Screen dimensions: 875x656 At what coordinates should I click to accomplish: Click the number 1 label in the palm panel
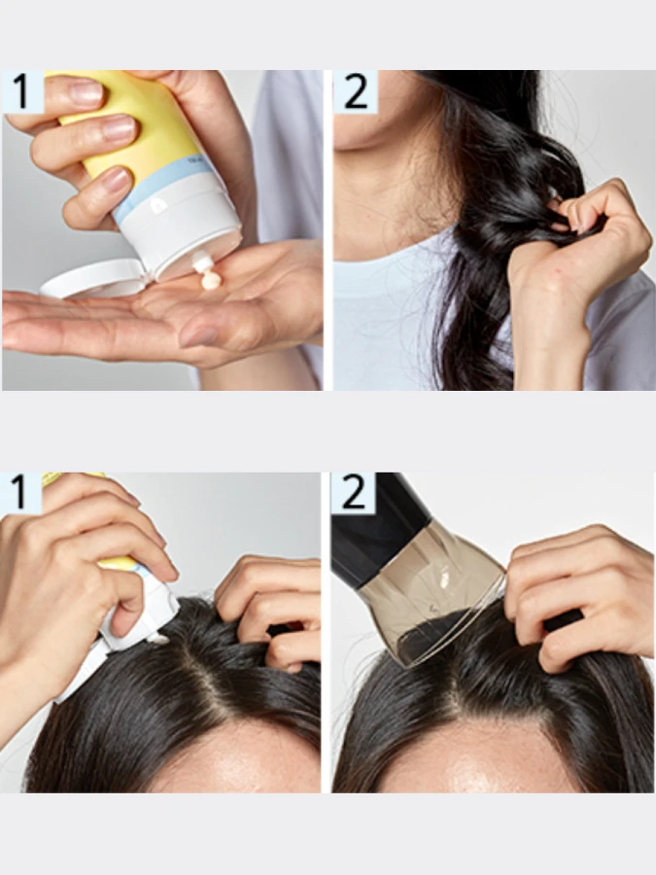click(22, 91)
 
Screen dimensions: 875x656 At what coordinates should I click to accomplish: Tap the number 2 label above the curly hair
click(355, 91)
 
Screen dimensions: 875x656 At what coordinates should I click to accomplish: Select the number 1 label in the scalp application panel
click(21, 494)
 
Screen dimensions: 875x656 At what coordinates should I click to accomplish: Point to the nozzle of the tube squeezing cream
click(202, 262)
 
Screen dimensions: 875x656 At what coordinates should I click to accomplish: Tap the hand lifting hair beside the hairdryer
click(573, 593)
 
